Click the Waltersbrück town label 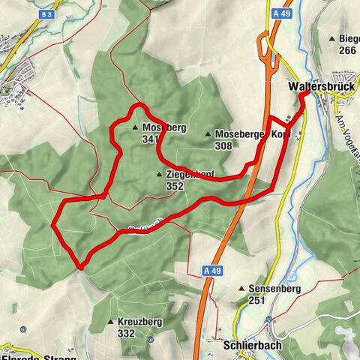[319, 86]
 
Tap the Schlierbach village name [252, 346]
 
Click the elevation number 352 [175, 186]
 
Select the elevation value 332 [126, 333]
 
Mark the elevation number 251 [257, 300]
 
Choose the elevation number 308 [223, 145]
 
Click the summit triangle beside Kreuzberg [111, 322]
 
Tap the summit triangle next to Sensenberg [241, 289]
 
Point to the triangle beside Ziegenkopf [159, 175]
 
